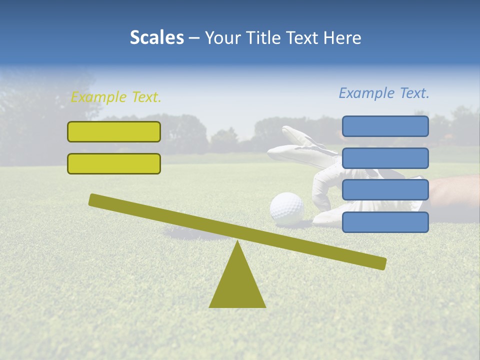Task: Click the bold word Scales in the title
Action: point(156,38)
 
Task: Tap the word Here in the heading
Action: point(342,38)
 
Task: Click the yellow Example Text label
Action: point(116,97)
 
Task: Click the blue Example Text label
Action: point(384,93)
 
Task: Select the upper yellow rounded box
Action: point(114,131)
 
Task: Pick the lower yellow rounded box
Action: point(114,163)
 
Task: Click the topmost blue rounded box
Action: point(385,126)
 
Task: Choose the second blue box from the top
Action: point(385,158)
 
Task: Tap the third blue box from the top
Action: point(385,190)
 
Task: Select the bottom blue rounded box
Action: point(385,222)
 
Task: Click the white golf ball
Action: point(286,207)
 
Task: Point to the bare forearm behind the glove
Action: point(452,192)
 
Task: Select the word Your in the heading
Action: point(220,38)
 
